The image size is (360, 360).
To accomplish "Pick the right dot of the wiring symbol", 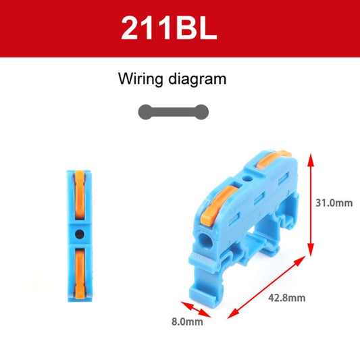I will (x=201, y=111).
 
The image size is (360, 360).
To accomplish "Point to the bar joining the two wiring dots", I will (x=173, y=111).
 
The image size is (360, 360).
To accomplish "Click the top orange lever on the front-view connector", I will (x=80, y=195).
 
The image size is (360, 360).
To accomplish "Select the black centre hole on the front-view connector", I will (x=80, y=234).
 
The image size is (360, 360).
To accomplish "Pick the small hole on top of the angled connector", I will (x=249, y=180).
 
